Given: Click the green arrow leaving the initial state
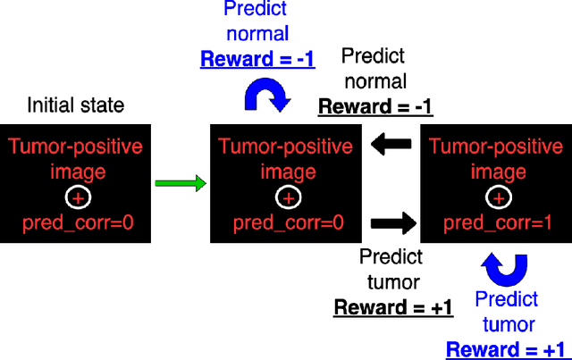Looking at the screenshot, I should (x=180, y=184).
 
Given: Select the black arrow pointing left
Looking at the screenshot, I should (x=391, y=144).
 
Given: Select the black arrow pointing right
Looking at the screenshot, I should (x=391, y=222).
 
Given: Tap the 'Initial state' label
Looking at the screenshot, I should (x=75, y=105).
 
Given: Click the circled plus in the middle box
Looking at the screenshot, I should (x=285, y=197).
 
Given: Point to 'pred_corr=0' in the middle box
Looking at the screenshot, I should (x=285, y=222).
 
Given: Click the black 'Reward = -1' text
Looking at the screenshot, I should (x=375, y=107).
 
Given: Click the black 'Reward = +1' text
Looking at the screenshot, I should (x=392, y=307).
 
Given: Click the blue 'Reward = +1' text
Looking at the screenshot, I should (x=507, y=348).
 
